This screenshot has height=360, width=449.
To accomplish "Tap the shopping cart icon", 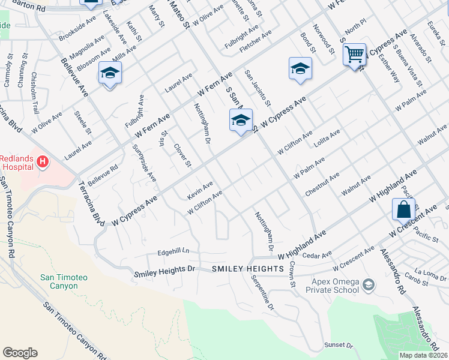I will (x=354, y=55).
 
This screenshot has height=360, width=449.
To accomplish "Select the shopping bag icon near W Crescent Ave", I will (x=403, y=209).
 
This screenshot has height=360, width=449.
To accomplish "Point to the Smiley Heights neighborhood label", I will (x=247, y=269).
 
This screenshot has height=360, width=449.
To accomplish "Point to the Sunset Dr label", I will (x=339, y=345).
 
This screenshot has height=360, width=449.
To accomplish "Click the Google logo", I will (x=20, y=353).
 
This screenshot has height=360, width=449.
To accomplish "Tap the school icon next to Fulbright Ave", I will (x=110, y=73).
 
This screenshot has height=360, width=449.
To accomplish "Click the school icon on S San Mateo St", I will (x=241, y=121).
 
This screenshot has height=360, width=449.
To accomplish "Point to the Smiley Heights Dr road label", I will (x=165, y=270).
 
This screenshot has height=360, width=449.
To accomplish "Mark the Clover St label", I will (x=182, y=155).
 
